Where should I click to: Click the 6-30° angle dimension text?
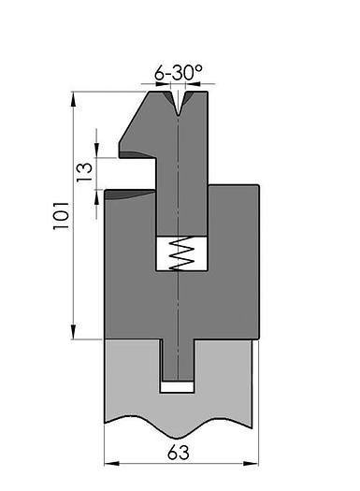(179, 71)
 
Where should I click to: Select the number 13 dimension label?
(85, 171)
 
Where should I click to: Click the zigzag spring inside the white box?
(178, 253)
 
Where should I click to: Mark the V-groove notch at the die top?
(178, 101)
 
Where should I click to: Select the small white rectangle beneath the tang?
(177, 385)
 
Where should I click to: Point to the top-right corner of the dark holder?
(257, 186)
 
